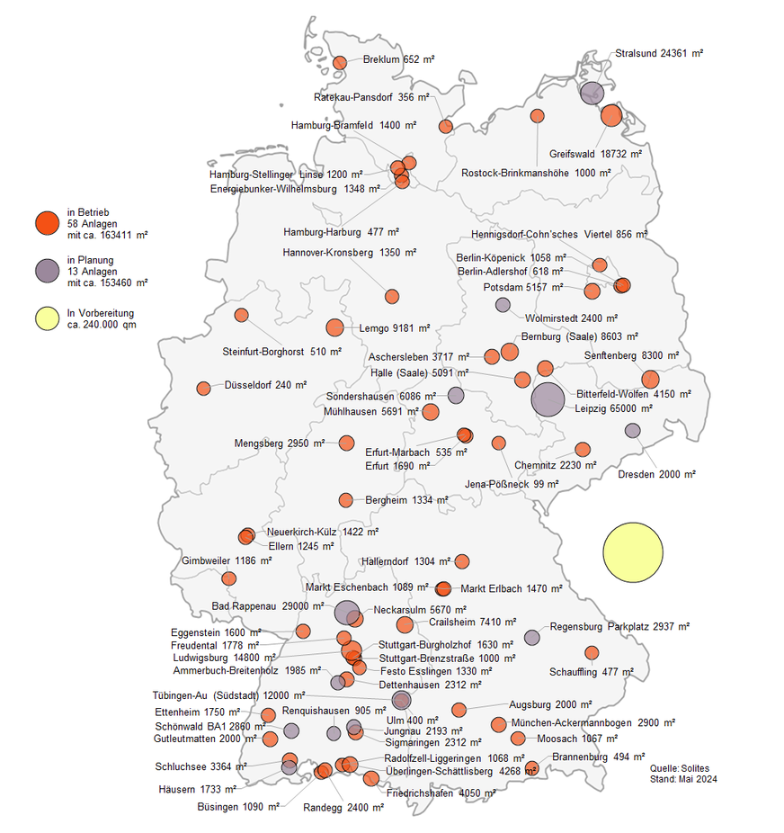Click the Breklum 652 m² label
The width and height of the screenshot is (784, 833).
pyautogui.click(x=398, y=60)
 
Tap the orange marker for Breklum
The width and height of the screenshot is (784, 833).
pyautogui.click(x=340, y=63)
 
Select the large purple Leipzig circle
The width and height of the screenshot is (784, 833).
pyautogui.click(x=548, y=399)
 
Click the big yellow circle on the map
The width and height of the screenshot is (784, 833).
pyautogui.click(x=633, y=552)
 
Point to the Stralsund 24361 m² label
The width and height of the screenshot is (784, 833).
pyautogui.click(x=659, y=54)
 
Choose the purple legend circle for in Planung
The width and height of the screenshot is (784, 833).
pyautogui.click(x=47, y=271)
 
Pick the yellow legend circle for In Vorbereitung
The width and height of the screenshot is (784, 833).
pyautogui.click(x=47, y=318)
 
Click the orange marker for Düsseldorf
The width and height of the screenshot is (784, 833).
pyautogui.click(x=203, y=389)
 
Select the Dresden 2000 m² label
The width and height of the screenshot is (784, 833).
pyautogui.click(x=656, y=474)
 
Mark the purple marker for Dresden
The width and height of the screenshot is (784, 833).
pyautogui.click(x=633, y=431)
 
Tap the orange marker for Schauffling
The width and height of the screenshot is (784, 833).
pyautogui.click(x=592, y=653)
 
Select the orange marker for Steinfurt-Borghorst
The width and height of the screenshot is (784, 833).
pyautogui.click(x=241, y=315)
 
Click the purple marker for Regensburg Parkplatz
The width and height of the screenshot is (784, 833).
pyautogui.click(x=532, y=638)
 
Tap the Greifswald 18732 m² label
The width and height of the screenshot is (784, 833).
pyautogui.click(x=595, y=155)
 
